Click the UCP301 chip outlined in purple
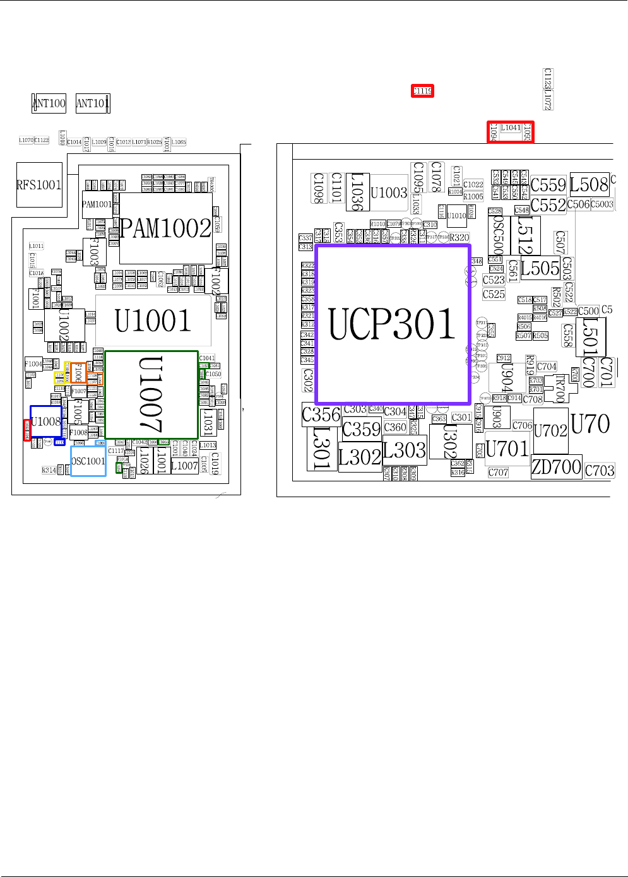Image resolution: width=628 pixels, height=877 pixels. pos(393,324)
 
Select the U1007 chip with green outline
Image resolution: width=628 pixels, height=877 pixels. pos(151,395)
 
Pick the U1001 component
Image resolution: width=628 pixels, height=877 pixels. pos(153,321)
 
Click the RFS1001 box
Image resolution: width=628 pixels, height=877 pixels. pos(39,185)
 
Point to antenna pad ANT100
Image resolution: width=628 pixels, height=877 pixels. pos(49,103)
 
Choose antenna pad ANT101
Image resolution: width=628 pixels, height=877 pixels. pos(92,103)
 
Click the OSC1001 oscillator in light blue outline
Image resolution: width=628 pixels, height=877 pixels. pos(88,461)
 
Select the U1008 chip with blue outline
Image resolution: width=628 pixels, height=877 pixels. pos(46,421)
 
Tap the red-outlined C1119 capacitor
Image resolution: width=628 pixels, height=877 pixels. pos(422,91)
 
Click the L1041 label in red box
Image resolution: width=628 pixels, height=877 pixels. pos(511,128)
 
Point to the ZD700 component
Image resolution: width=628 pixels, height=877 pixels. pos(556,467)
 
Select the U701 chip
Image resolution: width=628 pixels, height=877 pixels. pos(507,449)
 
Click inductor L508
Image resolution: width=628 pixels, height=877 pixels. pos(589,184)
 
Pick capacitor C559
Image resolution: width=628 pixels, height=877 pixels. pos(548,185)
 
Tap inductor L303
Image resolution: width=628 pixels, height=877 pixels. pos(405,450)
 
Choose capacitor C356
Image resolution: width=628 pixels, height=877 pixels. pos(321,415)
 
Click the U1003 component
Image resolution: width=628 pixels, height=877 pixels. pos(389,192)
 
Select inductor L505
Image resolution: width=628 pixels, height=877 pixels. pos(540,268)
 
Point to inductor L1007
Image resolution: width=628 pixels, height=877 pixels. pos(184,466)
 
